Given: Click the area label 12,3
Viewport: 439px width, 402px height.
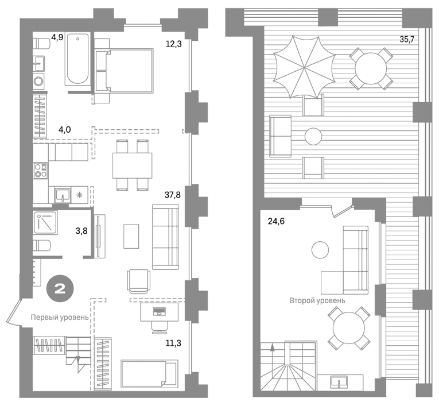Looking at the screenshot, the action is [173, 44].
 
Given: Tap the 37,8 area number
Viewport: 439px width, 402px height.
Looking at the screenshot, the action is [173, 195].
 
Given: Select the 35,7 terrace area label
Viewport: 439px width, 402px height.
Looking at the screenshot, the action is [407, 39].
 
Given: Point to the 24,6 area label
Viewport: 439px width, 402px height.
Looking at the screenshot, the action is [276, 221].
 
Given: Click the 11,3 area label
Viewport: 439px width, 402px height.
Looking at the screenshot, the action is [173, 343].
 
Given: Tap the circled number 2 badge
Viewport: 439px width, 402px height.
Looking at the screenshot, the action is [60, 289].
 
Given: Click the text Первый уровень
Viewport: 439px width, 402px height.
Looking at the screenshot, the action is [60, 318].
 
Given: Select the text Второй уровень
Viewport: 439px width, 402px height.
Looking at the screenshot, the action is [317, 301].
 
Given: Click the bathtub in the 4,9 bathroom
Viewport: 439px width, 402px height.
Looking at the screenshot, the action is [78, 59].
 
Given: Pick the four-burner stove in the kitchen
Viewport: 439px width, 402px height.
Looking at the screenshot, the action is [41, 171].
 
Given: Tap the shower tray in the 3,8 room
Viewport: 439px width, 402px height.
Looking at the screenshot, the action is [45, 223].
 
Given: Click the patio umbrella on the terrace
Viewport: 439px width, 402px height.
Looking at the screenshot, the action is [304, 67].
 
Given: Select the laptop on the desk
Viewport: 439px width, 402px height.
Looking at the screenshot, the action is [159, 311].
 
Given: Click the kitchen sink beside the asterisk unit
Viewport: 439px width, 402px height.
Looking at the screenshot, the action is [63, 195].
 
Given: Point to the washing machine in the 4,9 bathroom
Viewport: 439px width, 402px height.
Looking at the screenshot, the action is [38, 81].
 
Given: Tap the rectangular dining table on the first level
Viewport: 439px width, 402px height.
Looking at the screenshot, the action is [132, 165].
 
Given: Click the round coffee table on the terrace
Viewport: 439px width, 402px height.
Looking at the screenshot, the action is [313, 137].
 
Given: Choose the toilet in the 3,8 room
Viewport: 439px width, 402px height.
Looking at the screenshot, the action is [41, 246].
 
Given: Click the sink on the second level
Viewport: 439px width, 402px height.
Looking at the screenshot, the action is [339, 381].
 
